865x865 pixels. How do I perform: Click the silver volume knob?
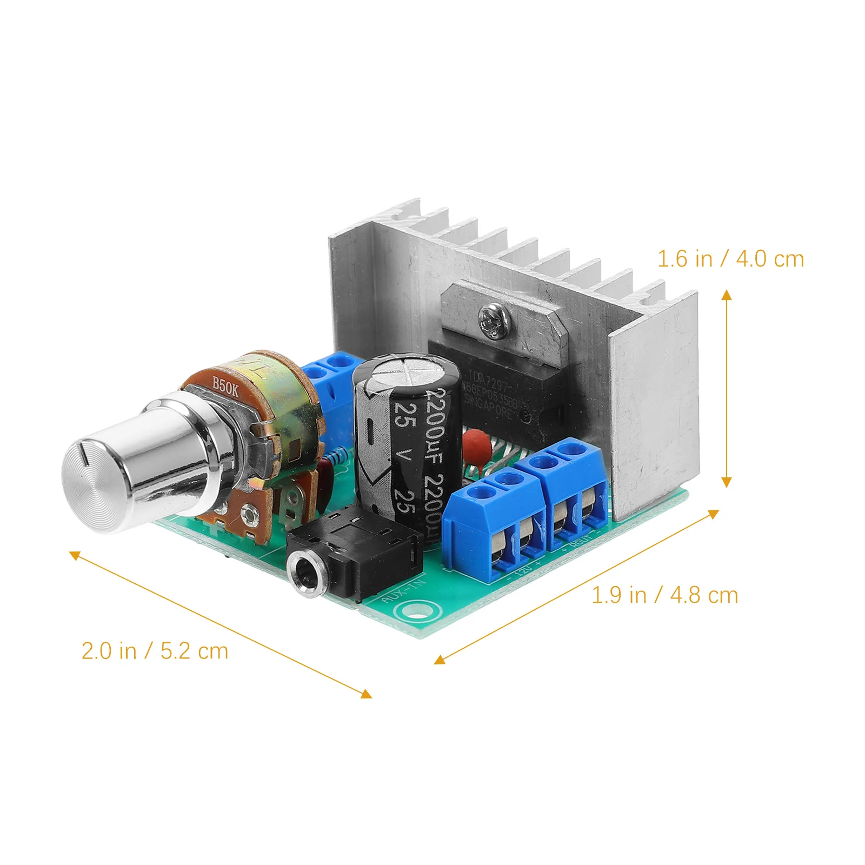click(x=135, y=465)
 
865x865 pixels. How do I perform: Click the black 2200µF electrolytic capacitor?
click(x=405, y=449)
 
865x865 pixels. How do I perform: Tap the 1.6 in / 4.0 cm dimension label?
click(x=730, y=259)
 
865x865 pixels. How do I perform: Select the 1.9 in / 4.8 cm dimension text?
click(x=664, y=595)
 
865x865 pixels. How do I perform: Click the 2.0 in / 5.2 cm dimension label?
click(x=155, y=650)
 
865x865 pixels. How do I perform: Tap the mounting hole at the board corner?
click(x=418, y=611)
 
